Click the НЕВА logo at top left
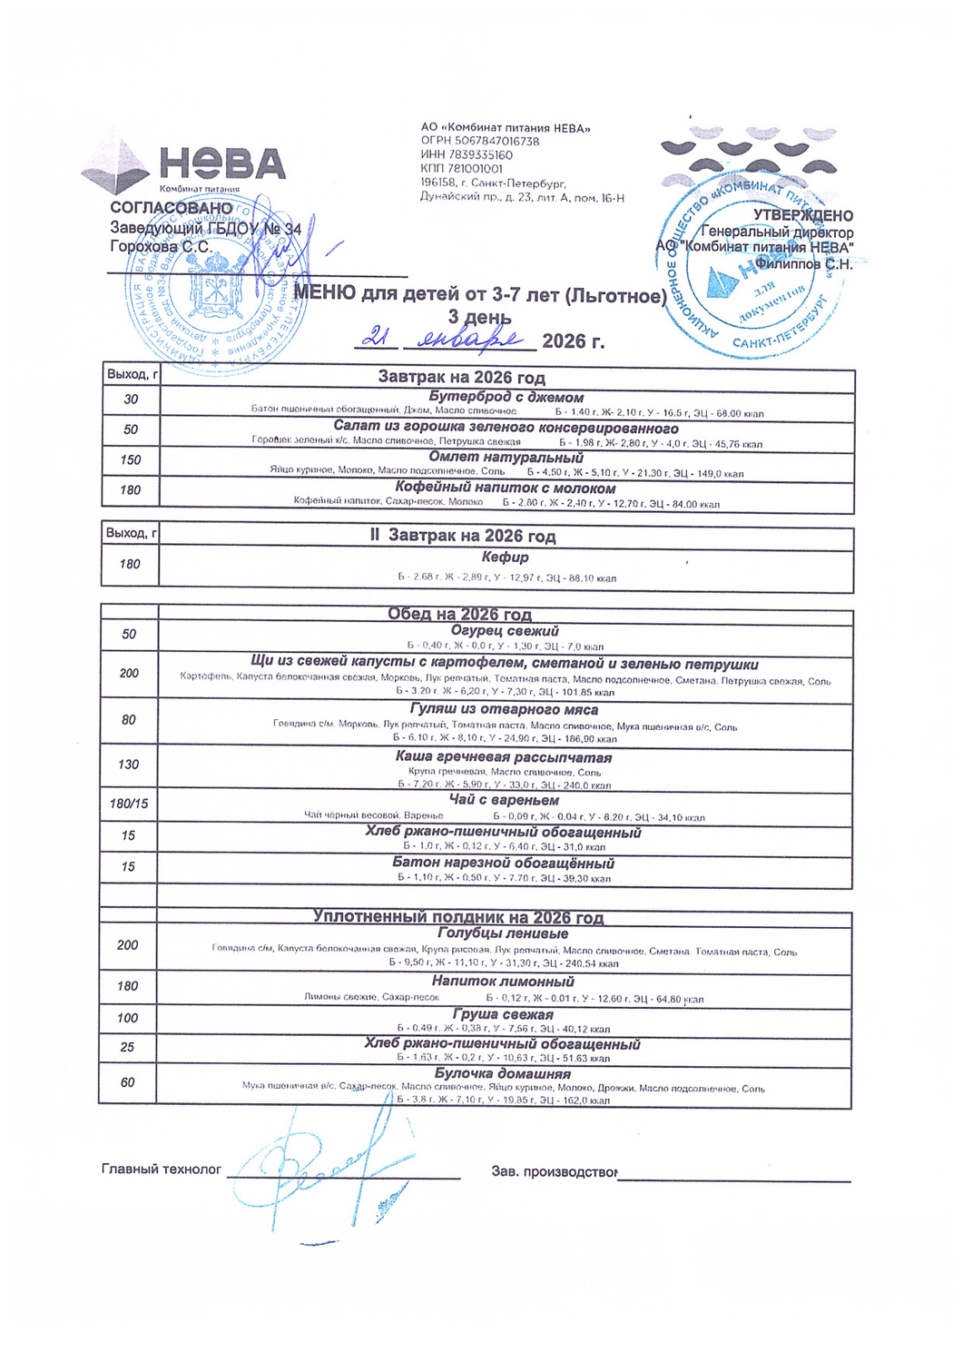click(186, 167)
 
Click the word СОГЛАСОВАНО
click(172, 208)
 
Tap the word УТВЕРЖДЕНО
click(802, 216)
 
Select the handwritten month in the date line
click(468, 340)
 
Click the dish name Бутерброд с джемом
click(506, 397)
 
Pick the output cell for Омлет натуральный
click(131, 460)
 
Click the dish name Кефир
click(505, 557)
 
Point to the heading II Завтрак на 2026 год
click(462, 536)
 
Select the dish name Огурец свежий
click(505, 630)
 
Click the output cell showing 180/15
click(129, 804)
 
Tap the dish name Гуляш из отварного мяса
click(504, 709)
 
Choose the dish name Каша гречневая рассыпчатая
click(504, 757)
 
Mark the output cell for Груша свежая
click(127, 1018)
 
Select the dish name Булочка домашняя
click(502, 1073)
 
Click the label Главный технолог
click(162, 1170)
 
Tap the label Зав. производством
click(554, 1172)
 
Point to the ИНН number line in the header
click(467, 155)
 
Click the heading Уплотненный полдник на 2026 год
click(458, 917)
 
